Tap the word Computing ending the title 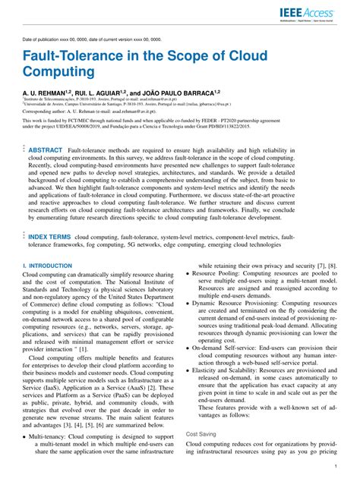[x=60, y=74]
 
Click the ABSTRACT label [x=45, y=151]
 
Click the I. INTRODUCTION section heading [x=48, y=266]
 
